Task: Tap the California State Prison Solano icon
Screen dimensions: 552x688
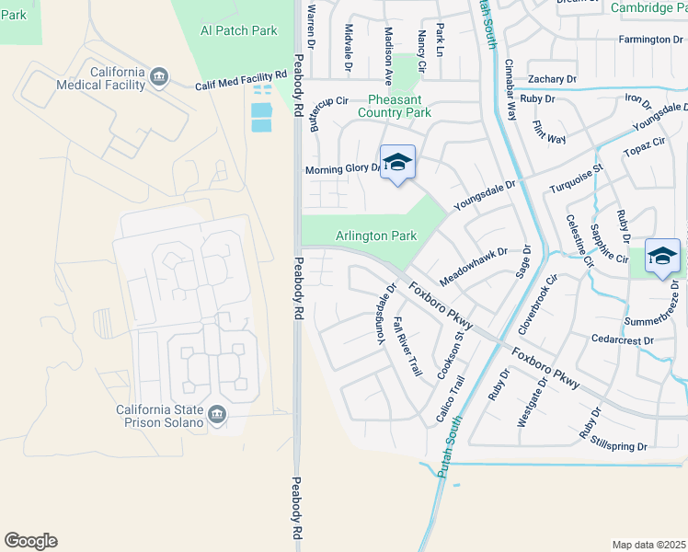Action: pyautogui.click(x=217, y=415)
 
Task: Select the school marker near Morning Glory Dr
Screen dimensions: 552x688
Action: pyautogui.click(x=397, y=164)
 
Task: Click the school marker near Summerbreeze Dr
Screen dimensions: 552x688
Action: pyautogui.click(x=662, y=257)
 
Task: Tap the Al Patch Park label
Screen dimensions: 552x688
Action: pyautogui.click(x=239, y=30)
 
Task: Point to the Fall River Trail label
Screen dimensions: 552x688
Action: pyautogui.click(x=407, y=346)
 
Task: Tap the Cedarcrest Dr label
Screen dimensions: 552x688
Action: pyautogui.click(x=623, y=339)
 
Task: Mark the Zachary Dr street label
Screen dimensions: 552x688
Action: pyautogui.click(x=552, y=80)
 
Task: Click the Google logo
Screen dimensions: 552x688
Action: pyautogui.click(x=30, y=541)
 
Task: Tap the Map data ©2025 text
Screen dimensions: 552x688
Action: pyautogui.click(x=648, y=545)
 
